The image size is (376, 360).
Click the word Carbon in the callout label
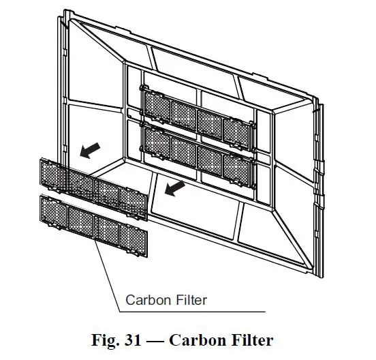(144, 299)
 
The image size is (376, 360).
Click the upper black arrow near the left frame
(89, 150)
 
